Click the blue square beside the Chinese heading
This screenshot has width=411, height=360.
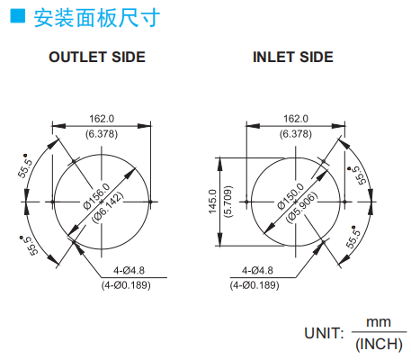18,15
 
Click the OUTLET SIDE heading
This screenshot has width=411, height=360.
97,57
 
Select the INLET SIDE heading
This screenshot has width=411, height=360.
293,57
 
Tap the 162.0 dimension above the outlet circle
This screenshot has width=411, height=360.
102,119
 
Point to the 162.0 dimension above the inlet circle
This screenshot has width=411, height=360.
296,119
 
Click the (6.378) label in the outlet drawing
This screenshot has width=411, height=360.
102,134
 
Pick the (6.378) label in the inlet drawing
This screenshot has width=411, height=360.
296,134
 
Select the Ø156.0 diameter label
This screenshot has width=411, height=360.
96,196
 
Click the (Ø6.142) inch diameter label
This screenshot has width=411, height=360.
107,207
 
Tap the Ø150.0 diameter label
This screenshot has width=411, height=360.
290,196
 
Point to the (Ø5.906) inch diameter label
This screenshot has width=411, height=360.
301,207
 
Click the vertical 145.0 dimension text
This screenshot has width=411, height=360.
212,202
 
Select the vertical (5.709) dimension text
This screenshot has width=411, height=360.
228,202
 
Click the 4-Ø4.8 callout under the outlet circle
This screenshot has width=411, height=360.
129,271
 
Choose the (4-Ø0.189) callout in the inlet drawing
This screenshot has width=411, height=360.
255,285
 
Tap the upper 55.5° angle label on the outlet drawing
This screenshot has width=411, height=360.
24,166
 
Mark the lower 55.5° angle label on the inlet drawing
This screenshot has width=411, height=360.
353,237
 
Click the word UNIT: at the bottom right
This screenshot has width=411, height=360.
324,333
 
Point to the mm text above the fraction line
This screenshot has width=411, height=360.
379,322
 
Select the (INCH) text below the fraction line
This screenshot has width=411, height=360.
379,344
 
